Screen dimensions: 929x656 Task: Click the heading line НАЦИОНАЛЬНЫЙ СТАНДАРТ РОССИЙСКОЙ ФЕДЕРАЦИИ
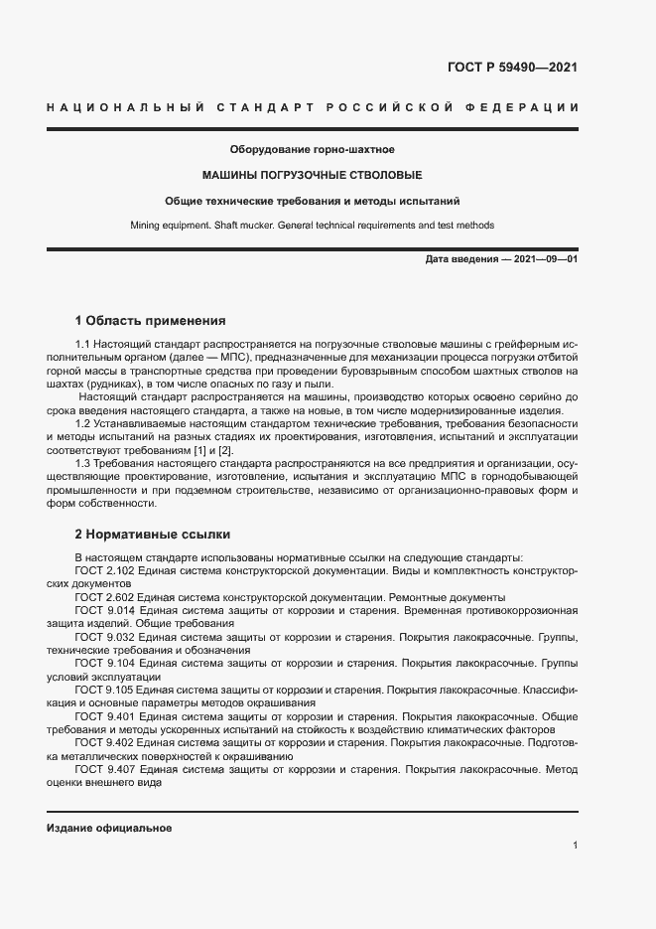tap(312, 107)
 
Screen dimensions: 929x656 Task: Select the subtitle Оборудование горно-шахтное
tap(312, 150)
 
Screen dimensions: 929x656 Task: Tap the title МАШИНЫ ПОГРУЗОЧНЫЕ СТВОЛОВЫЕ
tap(312, 175)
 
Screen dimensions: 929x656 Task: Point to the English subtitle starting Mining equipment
tap(312, 226)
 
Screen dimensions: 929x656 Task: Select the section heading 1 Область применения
tap(151, 321)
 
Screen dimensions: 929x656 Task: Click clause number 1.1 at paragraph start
tap(83, 343)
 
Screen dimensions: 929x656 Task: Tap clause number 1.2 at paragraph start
tap(83, 424)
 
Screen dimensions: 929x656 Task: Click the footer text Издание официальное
tap(109, 828)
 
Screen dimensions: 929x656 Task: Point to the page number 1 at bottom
tap(575, 846)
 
